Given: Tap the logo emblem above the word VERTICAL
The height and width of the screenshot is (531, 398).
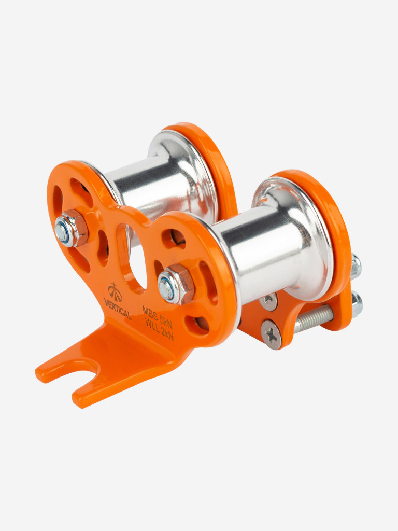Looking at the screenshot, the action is point(115,292).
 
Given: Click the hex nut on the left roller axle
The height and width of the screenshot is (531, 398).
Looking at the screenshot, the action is point(71,228).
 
